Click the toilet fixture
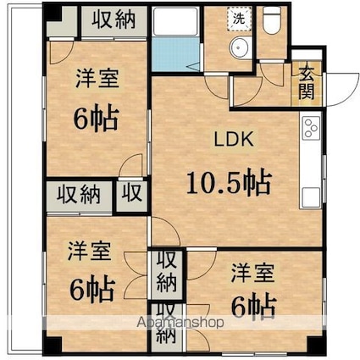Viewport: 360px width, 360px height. pos(272,19)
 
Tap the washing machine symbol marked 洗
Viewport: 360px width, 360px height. pos(239,19)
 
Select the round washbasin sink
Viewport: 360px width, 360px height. pos(240,47)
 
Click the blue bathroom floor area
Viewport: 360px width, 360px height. pos(175,54)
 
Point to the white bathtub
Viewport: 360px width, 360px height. pos(175,21)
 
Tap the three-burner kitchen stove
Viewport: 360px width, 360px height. pos(311,128)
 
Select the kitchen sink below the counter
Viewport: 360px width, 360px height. pos(311,197)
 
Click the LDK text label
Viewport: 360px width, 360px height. pos(234,139)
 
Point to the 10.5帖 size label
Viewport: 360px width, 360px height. pos(229,181)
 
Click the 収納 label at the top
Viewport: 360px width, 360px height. pos(114,19)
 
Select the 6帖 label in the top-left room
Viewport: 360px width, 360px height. pos(96,118)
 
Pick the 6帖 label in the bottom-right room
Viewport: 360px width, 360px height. pos(253,305)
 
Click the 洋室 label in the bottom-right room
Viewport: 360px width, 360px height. pos(252,273)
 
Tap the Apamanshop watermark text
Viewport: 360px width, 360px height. pos(180,322)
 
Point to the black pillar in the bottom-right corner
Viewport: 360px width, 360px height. pos(316,344)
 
